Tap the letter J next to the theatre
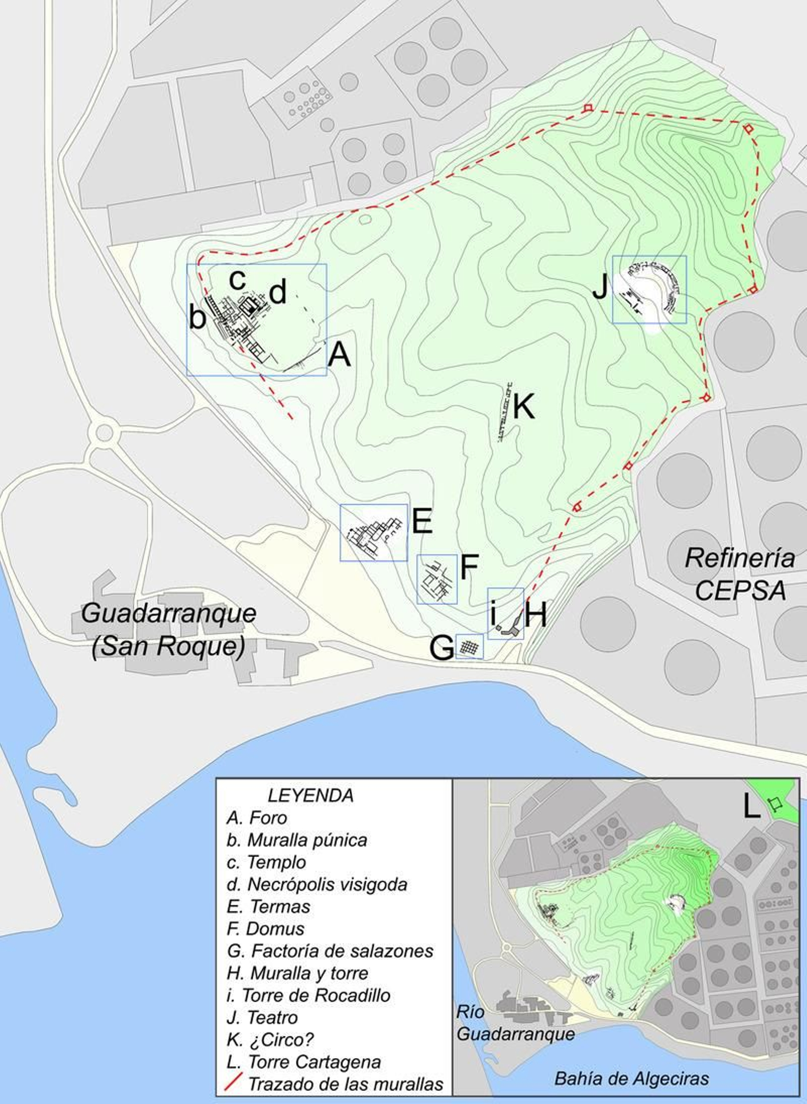pos(600,288)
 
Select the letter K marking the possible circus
pos(524,406)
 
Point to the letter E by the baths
pos(422,521)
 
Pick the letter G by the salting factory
pos(441,648)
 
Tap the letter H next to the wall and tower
pos(535,615)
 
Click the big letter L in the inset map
pos(751,808)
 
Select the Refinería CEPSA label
pos(740,575)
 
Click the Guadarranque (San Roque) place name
pos(168,630)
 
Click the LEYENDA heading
pos(310,795)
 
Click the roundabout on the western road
pos(104,432)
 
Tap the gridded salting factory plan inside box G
pos(470,646)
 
